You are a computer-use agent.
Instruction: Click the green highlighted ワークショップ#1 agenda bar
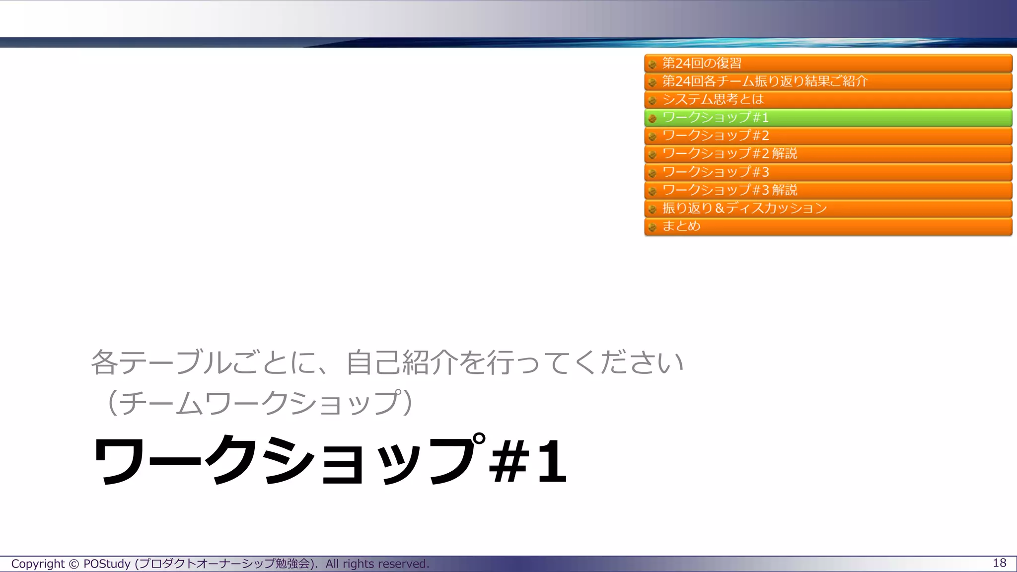pyautogui.click(x=827, y=118)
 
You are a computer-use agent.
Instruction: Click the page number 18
pyautogui.click(x=999, y=563)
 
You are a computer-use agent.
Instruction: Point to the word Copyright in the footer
pyautogui.click(x=38, y=564)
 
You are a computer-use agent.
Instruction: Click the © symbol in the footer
pyautogui.click(x=73, y=564)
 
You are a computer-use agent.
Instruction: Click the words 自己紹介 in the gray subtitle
pyautogui.click(x=402, y=362)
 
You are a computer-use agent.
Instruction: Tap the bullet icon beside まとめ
pyautogui.click(x=653, y=227)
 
